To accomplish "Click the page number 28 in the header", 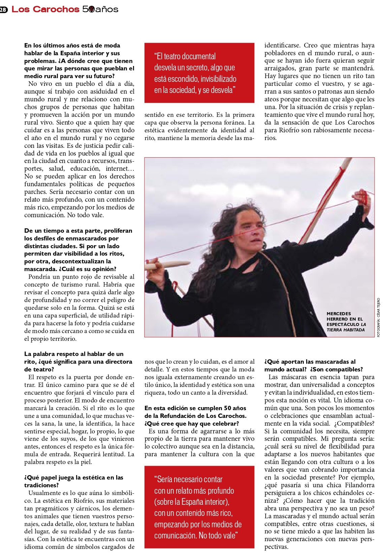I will pyautogui.click(x=3, y=10).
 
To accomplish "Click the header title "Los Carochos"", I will pyautogui.click(x=45, y=9).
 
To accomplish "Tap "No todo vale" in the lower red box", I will pyautogui.click(x=218, y=535).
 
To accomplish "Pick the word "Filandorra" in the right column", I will pyautogui.click(x=359, y=485).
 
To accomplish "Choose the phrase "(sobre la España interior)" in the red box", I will pyautogui.click(x=192, y=502).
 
